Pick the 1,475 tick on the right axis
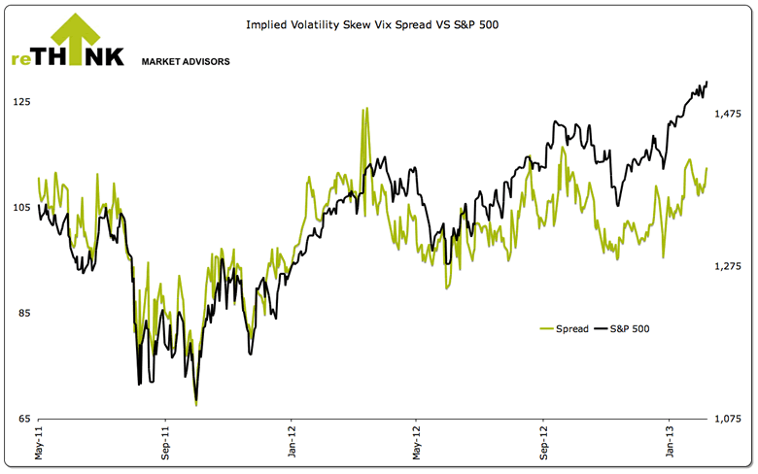[728, 115]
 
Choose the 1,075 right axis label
[728, 419]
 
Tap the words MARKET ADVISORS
[186, 61]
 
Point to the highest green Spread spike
[364, 109]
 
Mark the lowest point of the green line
[196, 403]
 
